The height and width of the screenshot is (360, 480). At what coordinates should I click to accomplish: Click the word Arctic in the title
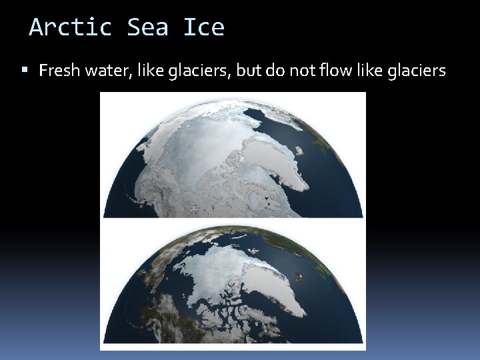tap(71, 27)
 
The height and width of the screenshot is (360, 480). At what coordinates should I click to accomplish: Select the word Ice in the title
tap(203, 27)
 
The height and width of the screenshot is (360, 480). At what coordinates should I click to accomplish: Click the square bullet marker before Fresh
tap(25, 69)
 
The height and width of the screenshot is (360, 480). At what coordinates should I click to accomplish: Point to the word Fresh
tap(60, 70)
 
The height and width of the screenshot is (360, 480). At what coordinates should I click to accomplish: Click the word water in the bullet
tap(108, 70)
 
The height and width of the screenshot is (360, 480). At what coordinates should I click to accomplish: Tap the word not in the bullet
tap(302, 70)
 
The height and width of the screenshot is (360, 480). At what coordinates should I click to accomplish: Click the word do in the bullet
tap(276, 70)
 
